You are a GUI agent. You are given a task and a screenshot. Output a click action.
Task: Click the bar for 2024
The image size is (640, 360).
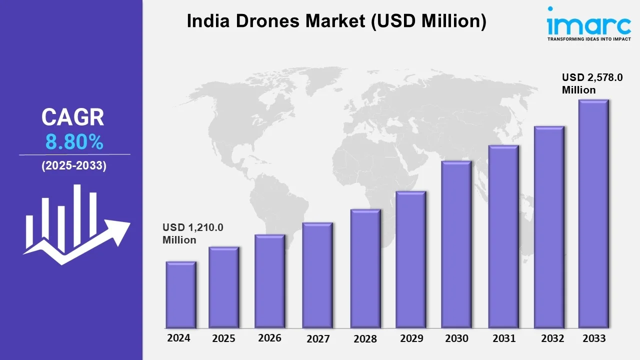[181, 294]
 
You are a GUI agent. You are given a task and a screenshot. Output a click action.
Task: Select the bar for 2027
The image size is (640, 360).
[317, 275]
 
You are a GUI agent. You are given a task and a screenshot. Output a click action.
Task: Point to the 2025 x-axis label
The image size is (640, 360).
[223, 338]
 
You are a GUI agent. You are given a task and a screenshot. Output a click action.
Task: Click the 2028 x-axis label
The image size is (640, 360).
[365, 339]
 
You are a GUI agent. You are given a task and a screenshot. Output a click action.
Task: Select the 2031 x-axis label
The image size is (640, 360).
[503, 338]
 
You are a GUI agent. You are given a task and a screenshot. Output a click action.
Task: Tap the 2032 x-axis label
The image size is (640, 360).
[553, 338]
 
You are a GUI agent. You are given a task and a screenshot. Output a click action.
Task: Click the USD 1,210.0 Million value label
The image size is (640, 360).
[193, 233]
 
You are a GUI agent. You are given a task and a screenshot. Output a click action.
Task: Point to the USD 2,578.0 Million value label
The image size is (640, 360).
[592, 83]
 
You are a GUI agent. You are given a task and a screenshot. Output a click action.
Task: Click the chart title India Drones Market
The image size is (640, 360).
[336, 21]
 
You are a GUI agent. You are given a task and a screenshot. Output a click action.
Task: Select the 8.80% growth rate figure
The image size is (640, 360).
[74, 143]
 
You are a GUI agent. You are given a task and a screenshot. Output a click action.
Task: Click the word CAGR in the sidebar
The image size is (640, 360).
[73, 117]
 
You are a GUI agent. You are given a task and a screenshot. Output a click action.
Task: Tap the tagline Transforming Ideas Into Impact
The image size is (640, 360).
[581, 38]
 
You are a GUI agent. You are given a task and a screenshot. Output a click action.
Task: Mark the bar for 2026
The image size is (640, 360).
[269, 281]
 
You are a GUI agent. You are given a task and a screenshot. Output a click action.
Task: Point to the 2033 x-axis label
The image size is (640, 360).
[594, 338]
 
